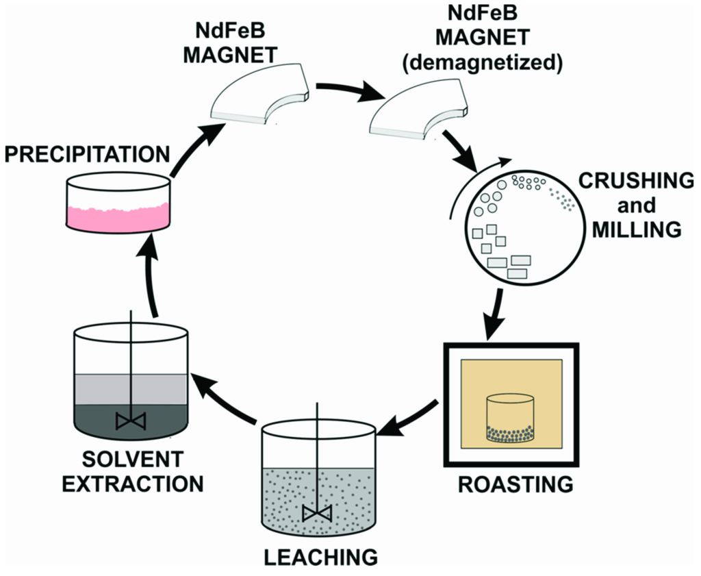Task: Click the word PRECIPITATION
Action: [88, 154]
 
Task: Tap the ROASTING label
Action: [515, 484]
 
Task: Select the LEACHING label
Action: [322, 555]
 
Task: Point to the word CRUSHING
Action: [637, 181]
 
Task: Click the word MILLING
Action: [637, 229]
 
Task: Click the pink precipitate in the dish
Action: [117, 215]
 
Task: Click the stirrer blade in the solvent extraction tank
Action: [130, 420]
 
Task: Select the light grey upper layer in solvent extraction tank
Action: [130, 388]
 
